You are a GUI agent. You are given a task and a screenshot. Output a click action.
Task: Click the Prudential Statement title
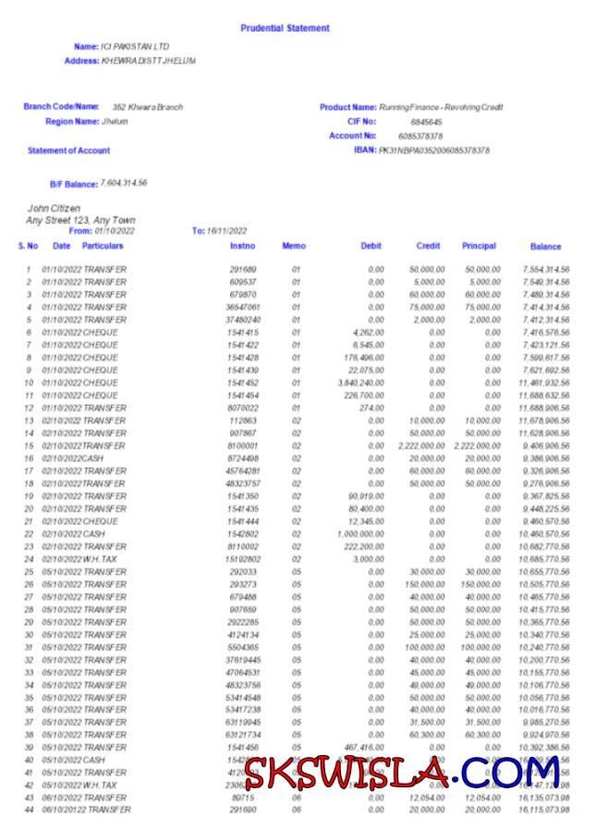(285, 29)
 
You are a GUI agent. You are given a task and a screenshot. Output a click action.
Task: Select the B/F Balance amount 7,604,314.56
(124, 183)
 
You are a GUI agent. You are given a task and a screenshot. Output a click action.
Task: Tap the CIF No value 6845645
(426, 122)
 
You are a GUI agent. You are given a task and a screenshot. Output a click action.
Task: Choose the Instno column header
(243, 247)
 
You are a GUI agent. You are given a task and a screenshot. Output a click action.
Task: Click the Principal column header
(479, 247)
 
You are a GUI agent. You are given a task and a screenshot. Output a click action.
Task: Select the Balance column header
(545, 248)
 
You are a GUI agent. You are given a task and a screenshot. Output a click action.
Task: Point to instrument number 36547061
(243, 306)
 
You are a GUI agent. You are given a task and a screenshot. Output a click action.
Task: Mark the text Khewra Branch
(155, 107)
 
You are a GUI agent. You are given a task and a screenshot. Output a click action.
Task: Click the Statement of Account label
(69, 151)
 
